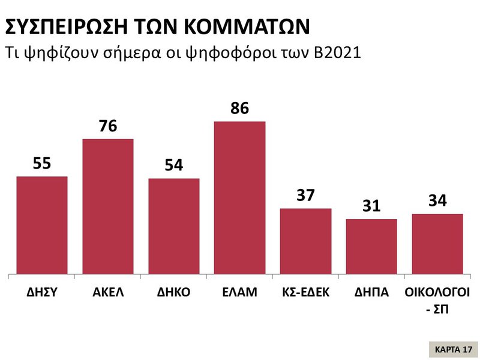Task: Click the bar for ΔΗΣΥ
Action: coord(42,226)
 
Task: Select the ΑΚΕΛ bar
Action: coord(108,207)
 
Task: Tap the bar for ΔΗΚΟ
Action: coord(174,227)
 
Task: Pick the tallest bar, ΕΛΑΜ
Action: coord(240,198)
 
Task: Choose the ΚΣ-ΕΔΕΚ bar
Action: coord(306,242)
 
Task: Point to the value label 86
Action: coord(240,109)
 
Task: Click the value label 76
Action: coord(108,127)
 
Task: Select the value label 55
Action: coord(42,164)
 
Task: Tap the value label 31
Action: coord(372,206)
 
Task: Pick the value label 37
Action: coord(306,196)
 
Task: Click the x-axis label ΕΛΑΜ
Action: coord(240,293)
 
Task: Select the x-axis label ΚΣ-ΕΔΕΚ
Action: coord(306,293)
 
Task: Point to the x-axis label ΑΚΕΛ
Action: coord(108,293)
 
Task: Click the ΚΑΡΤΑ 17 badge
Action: coord(454,349)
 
